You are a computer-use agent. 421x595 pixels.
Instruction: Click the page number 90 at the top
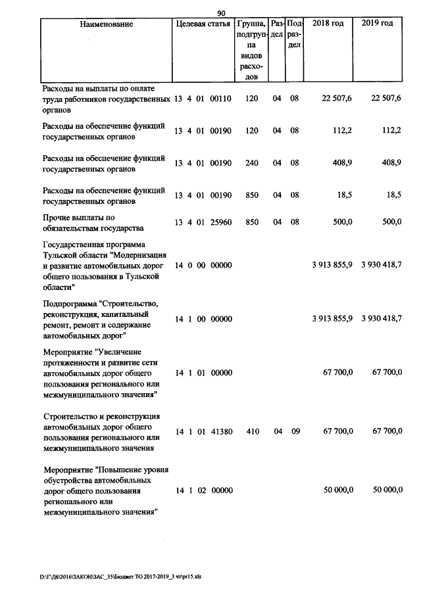click(x=222, y=12)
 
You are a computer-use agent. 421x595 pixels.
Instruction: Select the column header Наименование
click(x=106, y=24)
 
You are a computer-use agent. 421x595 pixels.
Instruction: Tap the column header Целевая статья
click(x=203, y=24)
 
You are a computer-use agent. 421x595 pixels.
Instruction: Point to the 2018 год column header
click(x=328, y=24)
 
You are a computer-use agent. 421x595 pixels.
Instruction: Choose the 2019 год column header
click(x=378, y=24)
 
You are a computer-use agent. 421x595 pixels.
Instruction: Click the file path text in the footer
click(x=120, y=577)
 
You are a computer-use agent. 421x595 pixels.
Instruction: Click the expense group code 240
click(x=251, y=162)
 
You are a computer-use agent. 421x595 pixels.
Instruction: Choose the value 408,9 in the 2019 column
click(x=390, y=162)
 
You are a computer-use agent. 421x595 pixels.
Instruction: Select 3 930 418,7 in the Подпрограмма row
click(x=382, y=319)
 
